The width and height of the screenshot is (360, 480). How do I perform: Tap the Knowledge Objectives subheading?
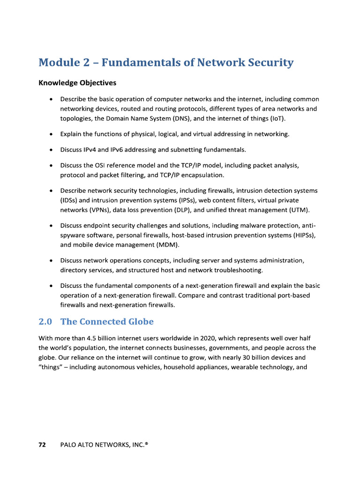click(x=77, y=83)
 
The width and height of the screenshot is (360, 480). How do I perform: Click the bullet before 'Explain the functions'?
click(x=51, y=134)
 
